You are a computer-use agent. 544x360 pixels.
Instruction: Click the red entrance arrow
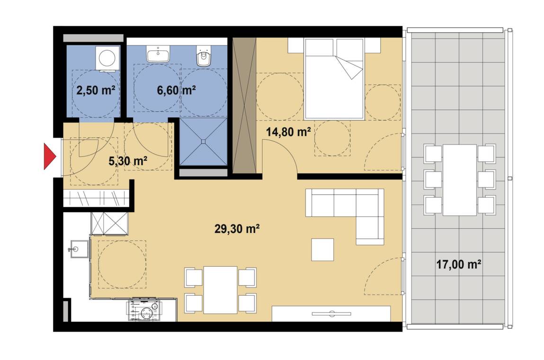pos(50,156)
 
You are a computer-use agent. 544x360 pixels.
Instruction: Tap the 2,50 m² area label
pos(96,90)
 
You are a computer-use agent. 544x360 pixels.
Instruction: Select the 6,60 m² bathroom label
pos(176,90)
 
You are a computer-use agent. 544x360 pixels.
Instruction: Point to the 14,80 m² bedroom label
pos(288,132)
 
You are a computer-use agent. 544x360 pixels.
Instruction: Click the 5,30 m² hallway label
pos(128,161)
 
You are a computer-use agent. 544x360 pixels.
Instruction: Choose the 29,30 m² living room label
pos(237,229)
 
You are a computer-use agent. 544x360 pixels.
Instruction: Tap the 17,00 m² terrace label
pos(459,264)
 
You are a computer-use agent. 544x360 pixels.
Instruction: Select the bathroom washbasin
pos(158,54)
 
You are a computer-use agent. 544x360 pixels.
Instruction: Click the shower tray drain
pos(204,142)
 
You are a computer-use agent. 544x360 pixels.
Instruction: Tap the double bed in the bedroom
pos(334,79)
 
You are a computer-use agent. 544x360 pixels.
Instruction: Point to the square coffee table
pos(322,250)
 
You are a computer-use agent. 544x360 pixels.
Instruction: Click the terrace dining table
pos(460,180)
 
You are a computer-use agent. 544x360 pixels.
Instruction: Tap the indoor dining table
pos(221,290)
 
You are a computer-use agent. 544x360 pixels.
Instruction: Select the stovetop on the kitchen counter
pos(144,310)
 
